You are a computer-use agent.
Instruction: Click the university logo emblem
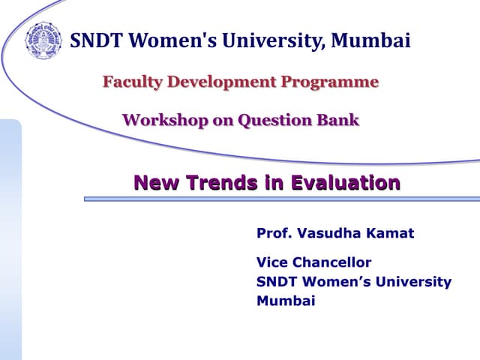43,40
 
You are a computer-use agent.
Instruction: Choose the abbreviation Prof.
274,233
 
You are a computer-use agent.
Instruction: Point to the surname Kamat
390,233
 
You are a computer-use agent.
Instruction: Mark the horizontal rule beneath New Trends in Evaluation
281,199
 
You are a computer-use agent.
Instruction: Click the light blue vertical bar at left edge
10,240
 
